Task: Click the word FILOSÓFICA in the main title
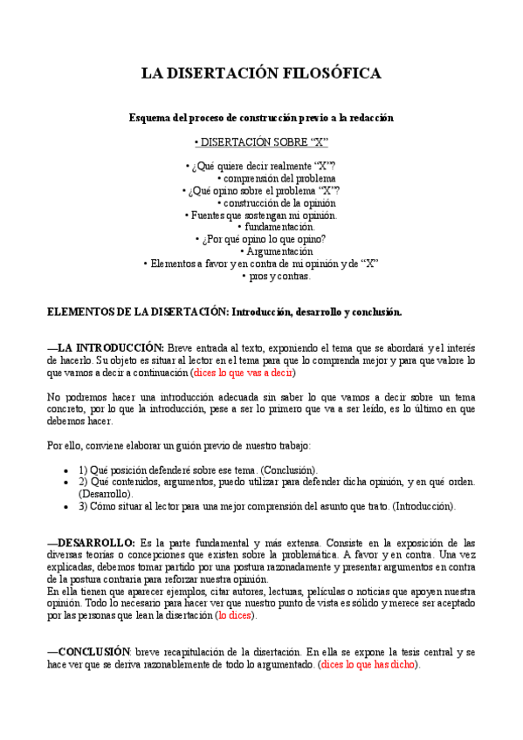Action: (x=333, y=74)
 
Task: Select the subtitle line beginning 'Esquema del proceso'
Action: (x=261, y=117)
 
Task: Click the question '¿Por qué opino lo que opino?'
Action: (x=263, y=239)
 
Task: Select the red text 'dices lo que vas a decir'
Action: (x=243, y=373)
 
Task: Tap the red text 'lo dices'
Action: (x=237, y=615)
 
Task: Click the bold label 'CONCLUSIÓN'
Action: (x=90, y=652)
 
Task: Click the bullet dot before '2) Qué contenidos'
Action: (x=67, y=482)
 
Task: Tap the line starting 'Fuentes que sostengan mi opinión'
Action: (x=262, y=215)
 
